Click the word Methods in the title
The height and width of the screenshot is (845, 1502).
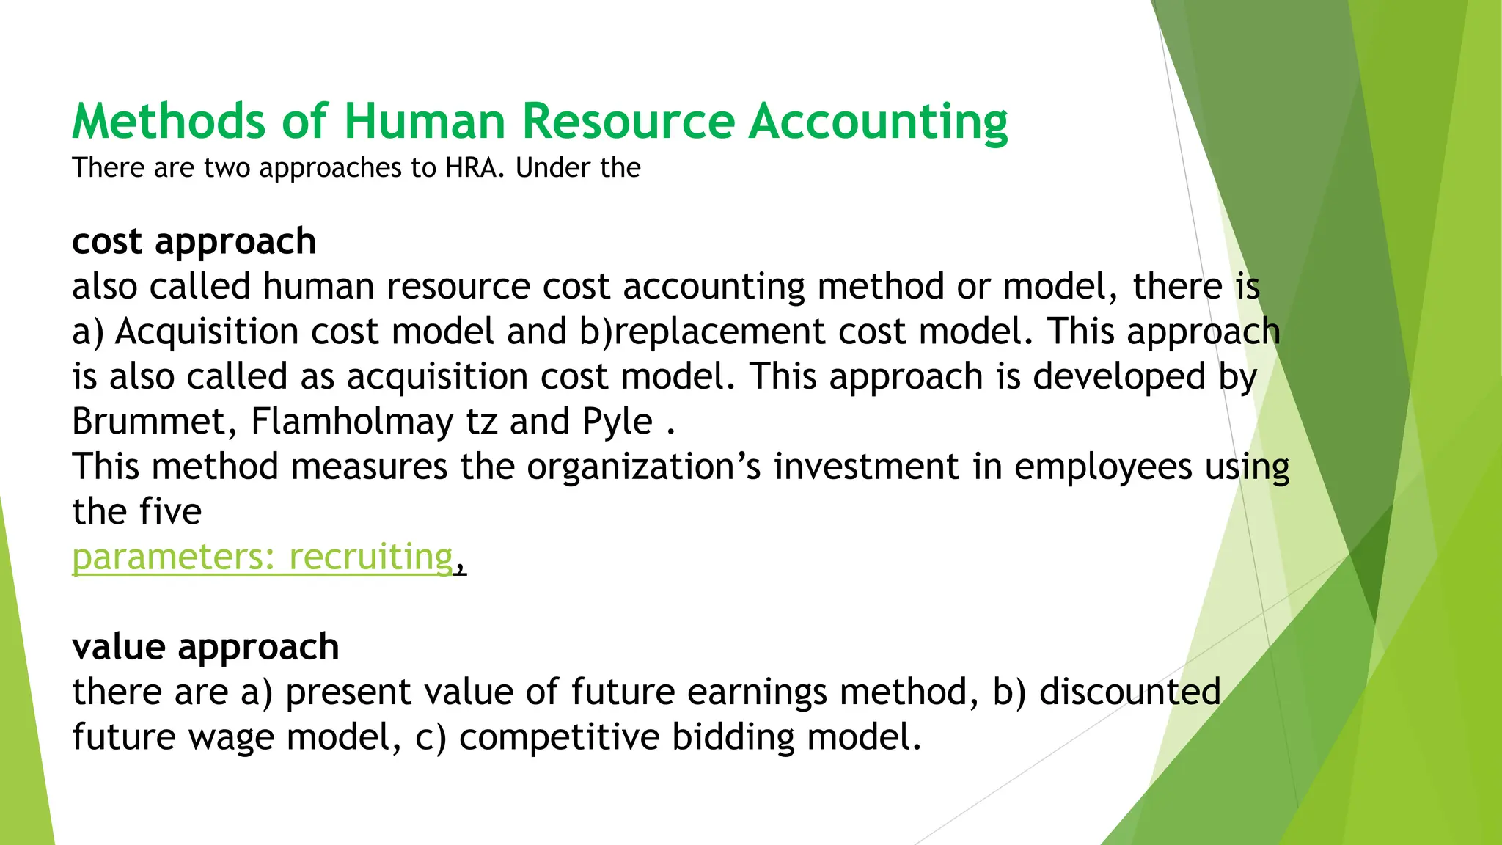(x=169, y=121)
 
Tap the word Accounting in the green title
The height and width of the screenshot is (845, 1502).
(x=878, y=121)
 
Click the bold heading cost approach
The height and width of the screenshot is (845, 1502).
(x=194, y=241)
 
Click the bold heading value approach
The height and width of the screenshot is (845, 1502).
(x=205, y=647)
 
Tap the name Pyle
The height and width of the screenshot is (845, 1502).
(x=617, y=422)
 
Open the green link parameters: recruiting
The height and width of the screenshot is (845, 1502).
(x=263, y=557)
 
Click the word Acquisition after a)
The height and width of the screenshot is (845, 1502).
(x=207, y=332)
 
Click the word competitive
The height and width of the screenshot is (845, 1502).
(x=559, y=737)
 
